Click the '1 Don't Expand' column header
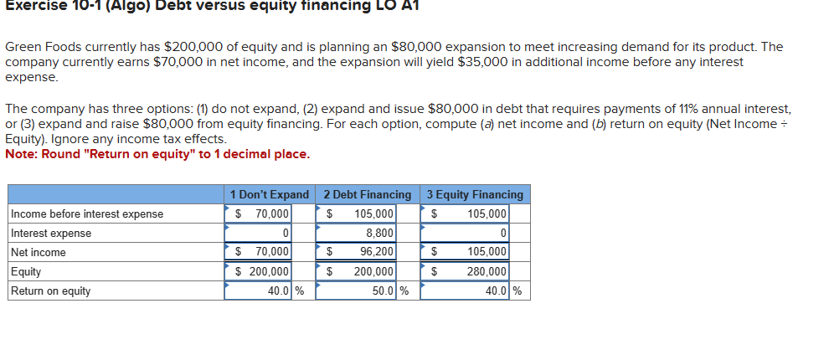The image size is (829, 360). point(270,195)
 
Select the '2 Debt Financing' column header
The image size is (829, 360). point(368,195)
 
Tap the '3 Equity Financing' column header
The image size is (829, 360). point(475,195)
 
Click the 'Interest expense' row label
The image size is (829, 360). point(51,234)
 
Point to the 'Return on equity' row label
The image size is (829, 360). point(51,291)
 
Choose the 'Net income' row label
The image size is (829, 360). point(39,253)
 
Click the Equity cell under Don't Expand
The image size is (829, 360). point(261,272)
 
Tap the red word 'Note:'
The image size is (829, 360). point(21,154)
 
